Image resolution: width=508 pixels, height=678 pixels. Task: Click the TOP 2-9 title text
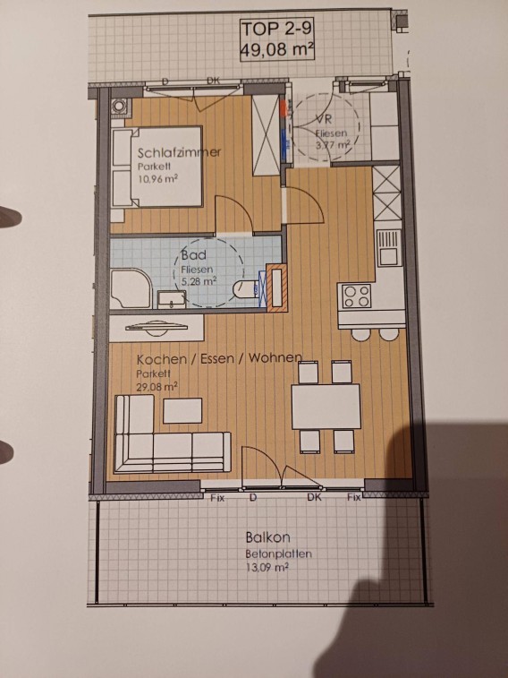pyautogui.click(x=276, y=30)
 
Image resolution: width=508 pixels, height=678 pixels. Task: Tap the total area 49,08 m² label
pyautogui.click(x=276, y=48)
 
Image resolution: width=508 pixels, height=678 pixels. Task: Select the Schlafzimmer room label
pyautogui.click(x=179, y=152)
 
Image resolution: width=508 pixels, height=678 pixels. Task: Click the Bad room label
pyautogui.click(x=193, y=255)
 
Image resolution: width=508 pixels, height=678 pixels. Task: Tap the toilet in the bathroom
pyautogui.click(x=246, y=288)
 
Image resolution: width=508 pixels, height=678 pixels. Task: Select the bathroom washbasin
pyautogui.click(x=172, y=299)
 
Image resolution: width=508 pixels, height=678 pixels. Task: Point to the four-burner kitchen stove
pyautogui.click(x=357, y=296)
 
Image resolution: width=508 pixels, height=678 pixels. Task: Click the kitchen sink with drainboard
pyautogui.click(x=388, y=247)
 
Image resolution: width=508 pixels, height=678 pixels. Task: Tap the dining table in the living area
pyautogui.click(x=326, y=407)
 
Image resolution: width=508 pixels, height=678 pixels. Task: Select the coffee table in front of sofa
pyautogui.click(x=182, y=410)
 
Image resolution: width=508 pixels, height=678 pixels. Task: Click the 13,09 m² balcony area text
pyautogui.click(x=267, y=567)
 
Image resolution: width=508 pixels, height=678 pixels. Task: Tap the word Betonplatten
pyautogui.click(x=278, y=554)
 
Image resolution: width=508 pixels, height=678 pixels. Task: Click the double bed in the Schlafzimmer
pyautogui.click(x=157, y=167)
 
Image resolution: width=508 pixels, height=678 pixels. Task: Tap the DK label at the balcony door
pyautogui.click(x=314, y=497)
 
